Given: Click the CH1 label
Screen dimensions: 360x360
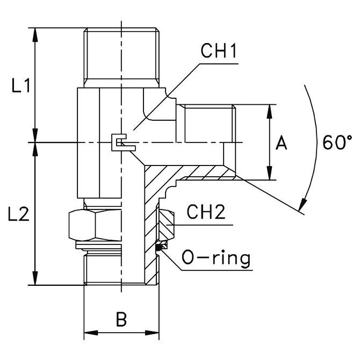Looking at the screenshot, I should click(219, 53).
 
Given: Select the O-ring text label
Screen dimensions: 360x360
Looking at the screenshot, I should click(217, 258).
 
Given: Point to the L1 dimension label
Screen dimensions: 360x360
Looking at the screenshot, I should click(21, 86).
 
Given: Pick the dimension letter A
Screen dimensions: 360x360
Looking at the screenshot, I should click(282, 143).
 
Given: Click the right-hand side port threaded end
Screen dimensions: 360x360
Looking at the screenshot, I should click(208, 124).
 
